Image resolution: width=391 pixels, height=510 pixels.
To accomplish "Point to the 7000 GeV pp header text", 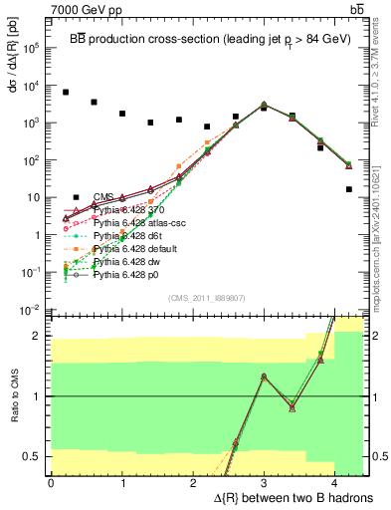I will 85,9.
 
